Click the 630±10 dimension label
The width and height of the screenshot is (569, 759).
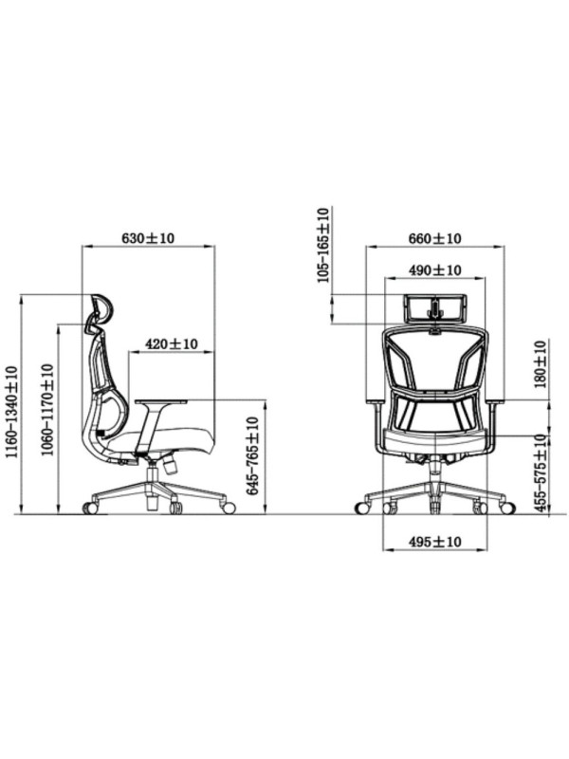[148, 238]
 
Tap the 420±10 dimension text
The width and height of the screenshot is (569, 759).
[172, 344]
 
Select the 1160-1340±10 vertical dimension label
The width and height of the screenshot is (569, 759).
[10, 412]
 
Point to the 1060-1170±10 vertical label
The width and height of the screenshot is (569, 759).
[46, 410]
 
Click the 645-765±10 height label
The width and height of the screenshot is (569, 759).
[252, 456]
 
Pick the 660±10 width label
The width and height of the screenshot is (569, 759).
[435, 238]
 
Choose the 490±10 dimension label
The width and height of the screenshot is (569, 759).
[435, 270]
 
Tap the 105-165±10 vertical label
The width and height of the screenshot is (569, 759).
[322, 245]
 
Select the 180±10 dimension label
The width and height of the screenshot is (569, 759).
[541, 364]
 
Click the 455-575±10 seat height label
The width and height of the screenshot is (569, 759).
[541, 473]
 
